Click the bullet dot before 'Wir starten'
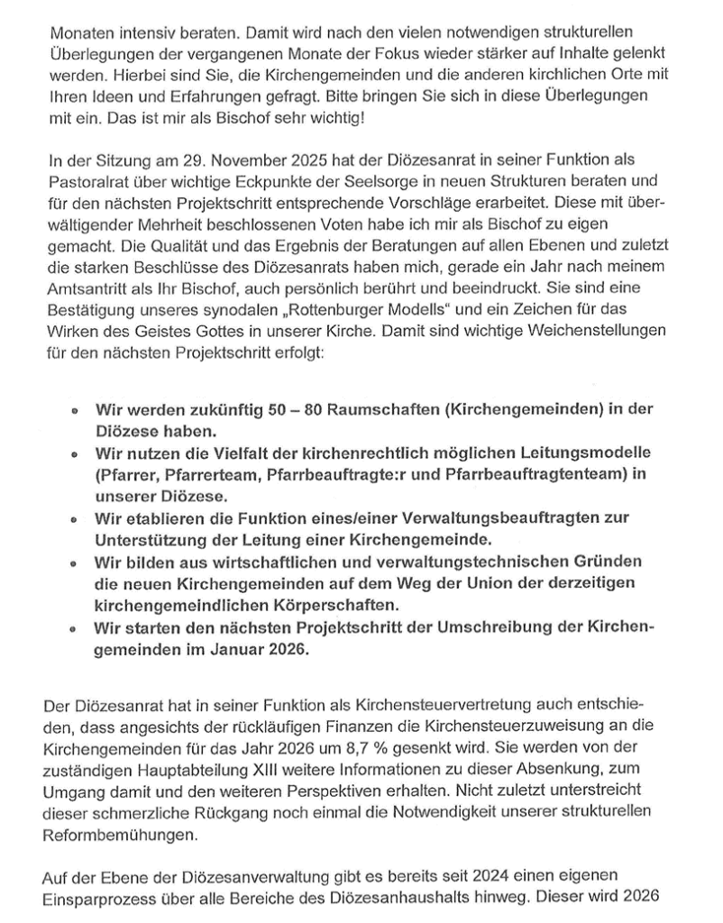pyautogui.click(x=73, y=627)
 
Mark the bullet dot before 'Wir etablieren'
pyautogui.click(x=73, y=519)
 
